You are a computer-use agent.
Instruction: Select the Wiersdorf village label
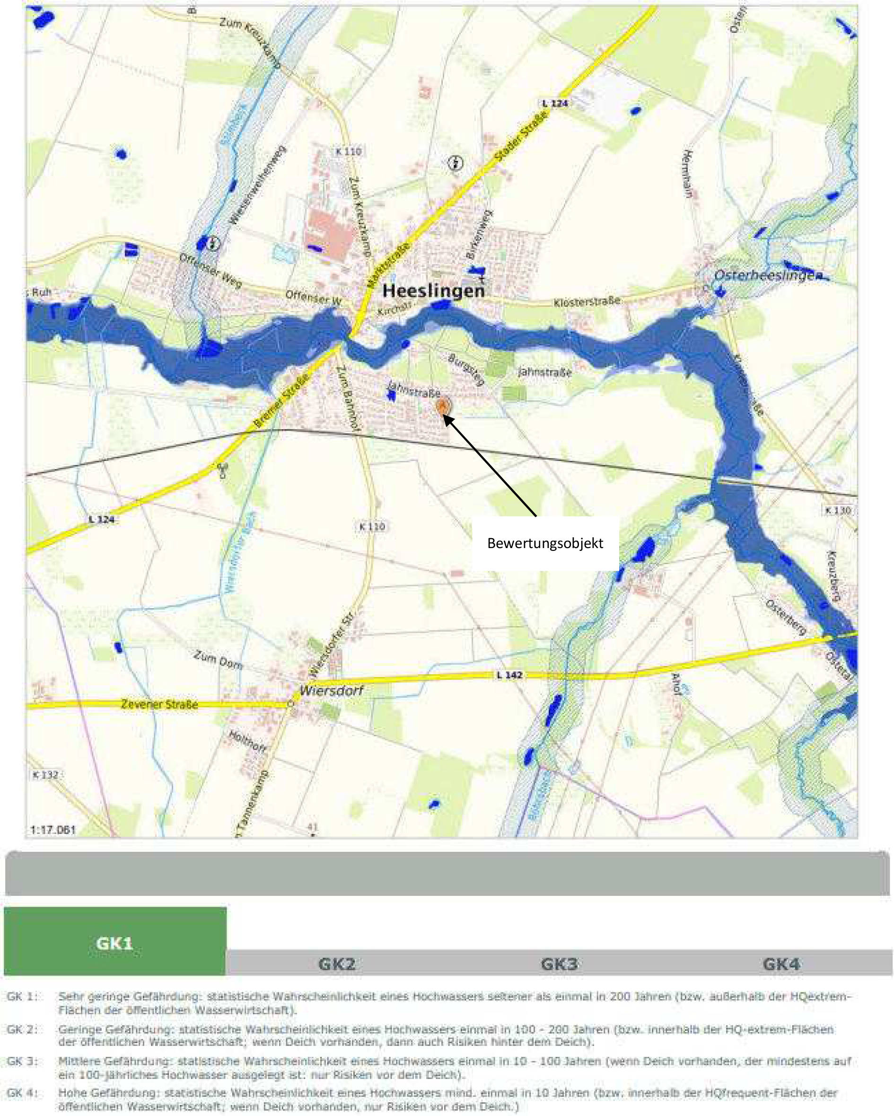click(331, 690)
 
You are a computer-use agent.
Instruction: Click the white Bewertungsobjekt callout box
click(545, 543)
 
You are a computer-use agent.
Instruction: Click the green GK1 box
click(115, 943)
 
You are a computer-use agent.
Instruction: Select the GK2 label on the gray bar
click(337, 964)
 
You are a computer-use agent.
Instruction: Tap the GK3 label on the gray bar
click(559, 964)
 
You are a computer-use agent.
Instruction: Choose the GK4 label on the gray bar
click(781, 964)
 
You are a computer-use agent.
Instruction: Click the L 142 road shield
click(509, 675)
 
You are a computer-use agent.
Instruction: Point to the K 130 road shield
click(838, 510)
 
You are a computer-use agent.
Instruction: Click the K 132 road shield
click(45, 774)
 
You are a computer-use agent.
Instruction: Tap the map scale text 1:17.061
click(53, 830)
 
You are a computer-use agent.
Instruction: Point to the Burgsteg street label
click(466, 369)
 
